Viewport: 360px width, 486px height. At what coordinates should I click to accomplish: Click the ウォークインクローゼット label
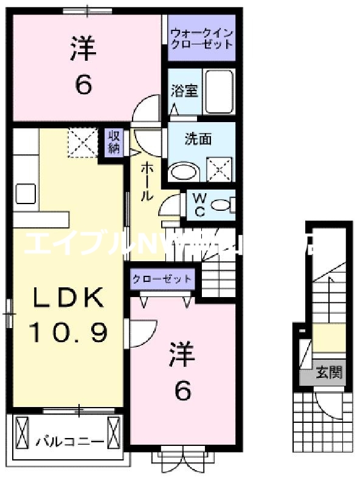(x=201, y=38)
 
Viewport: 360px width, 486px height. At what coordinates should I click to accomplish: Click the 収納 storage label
(x=114, y=142)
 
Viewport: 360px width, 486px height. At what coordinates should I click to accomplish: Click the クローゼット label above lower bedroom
(x=162, y=279)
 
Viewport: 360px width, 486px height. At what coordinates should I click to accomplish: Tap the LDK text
(x=68, y=298)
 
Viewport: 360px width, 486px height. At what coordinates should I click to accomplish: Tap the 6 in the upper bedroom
(x=83, y=85)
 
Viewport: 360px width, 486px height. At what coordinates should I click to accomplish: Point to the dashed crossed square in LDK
(x=82, y=142)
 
